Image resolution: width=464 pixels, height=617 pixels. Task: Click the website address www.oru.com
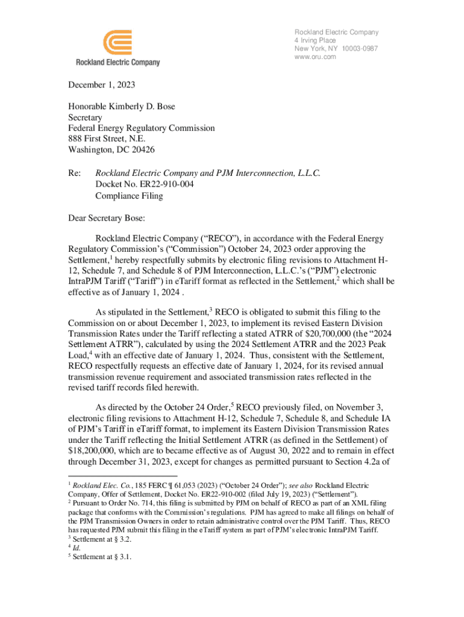(x=315, y=57)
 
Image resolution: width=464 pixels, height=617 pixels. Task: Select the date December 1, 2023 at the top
(x=101, y=84)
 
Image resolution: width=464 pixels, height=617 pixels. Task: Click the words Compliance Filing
(x=129, y=195)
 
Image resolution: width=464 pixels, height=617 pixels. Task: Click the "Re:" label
(x=74, y=174)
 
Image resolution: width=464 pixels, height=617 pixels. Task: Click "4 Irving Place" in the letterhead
(x=315, y=40)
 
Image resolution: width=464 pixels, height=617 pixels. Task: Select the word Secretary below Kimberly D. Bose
(x=85, y=117)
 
